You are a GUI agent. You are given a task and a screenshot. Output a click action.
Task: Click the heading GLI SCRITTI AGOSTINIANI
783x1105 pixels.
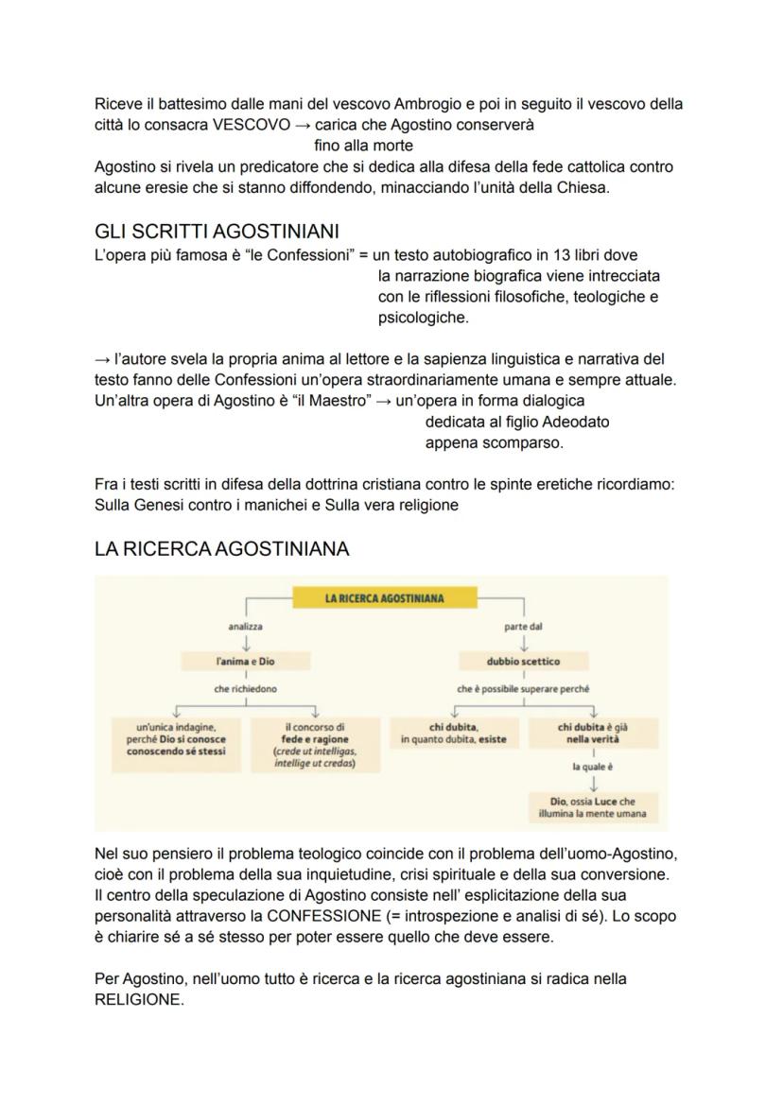click(217, 232)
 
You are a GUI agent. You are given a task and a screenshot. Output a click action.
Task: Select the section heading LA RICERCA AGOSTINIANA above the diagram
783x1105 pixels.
click(221, 548)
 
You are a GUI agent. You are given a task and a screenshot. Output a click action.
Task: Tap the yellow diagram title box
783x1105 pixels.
click(384, 597)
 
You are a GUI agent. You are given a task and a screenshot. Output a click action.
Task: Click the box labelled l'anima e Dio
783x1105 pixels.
click(246, 662)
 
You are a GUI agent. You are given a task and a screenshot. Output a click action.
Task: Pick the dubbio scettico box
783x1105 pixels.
click(523, 662)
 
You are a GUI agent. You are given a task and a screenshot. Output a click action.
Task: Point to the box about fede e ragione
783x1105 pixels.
click(314, 745)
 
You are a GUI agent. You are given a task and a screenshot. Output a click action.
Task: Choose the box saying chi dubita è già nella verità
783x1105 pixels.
click(593, 734)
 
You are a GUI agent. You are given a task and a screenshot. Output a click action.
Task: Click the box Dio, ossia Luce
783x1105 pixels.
click(593, 806)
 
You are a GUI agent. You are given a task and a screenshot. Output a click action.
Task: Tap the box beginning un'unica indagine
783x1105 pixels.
click(176, 739)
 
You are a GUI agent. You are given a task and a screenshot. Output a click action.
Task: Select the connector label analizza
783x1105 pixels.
click(246, 627)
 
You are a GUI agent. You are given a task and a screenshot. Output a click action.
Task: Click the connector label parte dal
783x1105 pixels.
click(523, 627)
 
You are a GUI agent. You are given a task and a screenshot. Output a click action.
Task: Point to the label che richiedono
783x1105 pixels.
click(246, 689)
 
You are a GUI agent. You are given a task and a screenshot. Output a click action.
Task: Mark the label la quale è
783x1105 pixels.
click(593, 768)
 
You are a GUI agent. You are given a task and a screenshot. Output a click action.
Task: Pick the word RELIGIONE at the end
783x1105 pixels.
click(137, 999)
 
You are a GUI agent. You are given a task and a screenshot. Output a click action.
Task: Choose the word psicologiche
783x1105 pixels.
click(422, 318)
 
